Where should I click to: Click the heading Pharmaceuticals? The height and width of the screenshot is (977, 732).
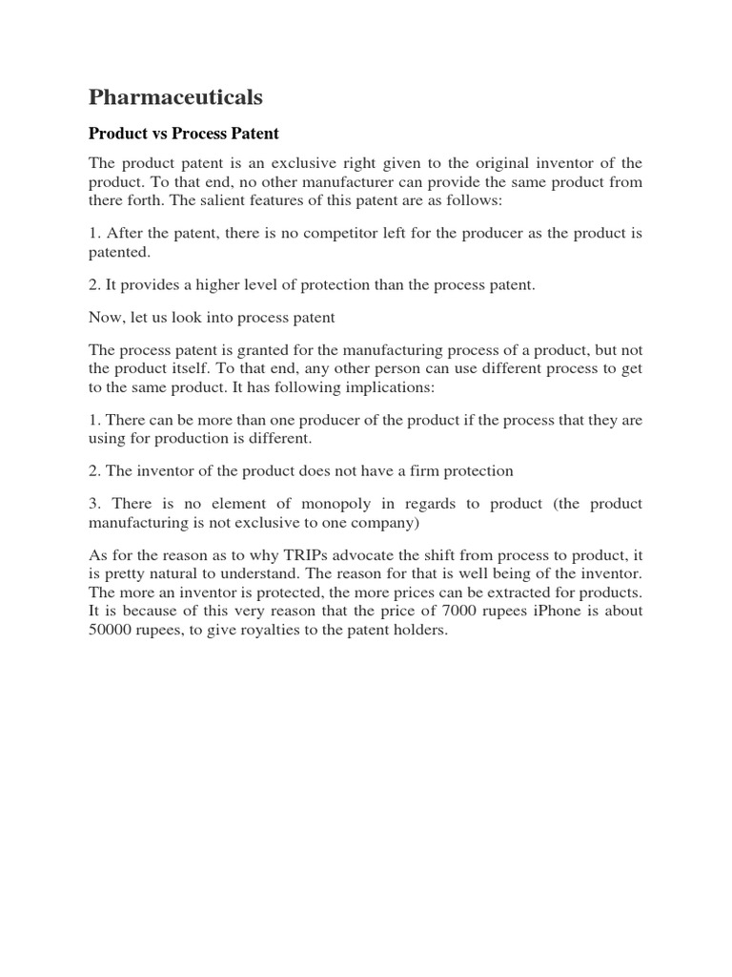(175, 97)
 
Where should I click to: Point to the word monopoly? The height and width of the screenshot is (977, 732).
(349, 504)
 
